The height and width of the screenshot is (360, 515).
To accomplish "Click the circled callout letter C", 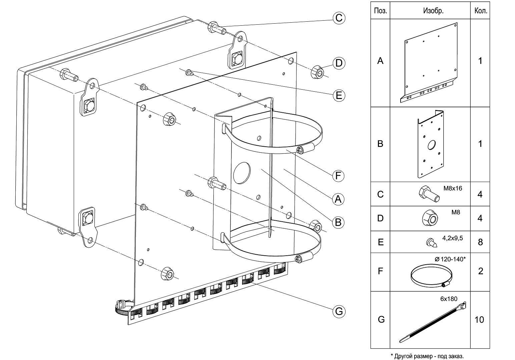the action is [339, 18].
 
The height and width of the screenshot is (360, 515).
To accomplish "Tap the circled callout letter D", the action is [339, 63].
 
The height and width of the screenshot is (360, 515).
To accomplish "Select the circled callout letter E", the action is [339, 95].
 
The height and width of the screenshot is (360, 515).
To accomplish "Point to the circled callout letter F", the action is [338, 176].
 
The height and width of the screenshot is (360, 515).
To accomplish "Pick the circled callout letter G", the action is [339, 312].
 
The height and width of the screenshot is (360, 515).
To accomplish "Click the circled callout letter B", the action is [338, 222].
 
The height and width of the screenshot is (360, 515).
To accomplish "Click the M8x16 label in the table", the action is [453, 188].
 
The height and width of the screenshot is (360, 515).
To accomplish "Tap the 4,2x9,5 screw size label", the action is [453, 238].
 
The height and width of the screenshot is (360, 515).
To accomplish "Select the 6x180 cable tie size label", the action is [449, 299].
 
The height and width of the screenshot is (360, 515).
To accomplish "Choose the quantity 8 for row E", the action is [480, 242].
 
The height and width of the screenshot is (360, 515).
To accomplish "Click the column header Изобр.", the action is [433, 11].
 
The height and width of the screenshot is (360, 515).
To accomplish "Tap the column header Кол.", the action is [481, 11].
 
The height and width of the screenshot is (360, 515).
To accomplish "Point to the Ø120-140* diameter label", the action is [450, 259].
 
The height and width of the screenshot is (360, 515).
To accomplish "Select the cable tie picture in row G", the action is [432, 322].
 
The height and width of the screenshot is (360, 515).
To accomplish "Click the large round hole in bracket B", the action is [241, 173].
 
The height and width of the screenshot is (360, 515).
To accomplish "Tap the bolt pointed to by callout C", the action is [217, 28].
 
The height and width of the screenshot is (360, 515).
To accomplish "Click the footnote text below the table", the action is [427, 356].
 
